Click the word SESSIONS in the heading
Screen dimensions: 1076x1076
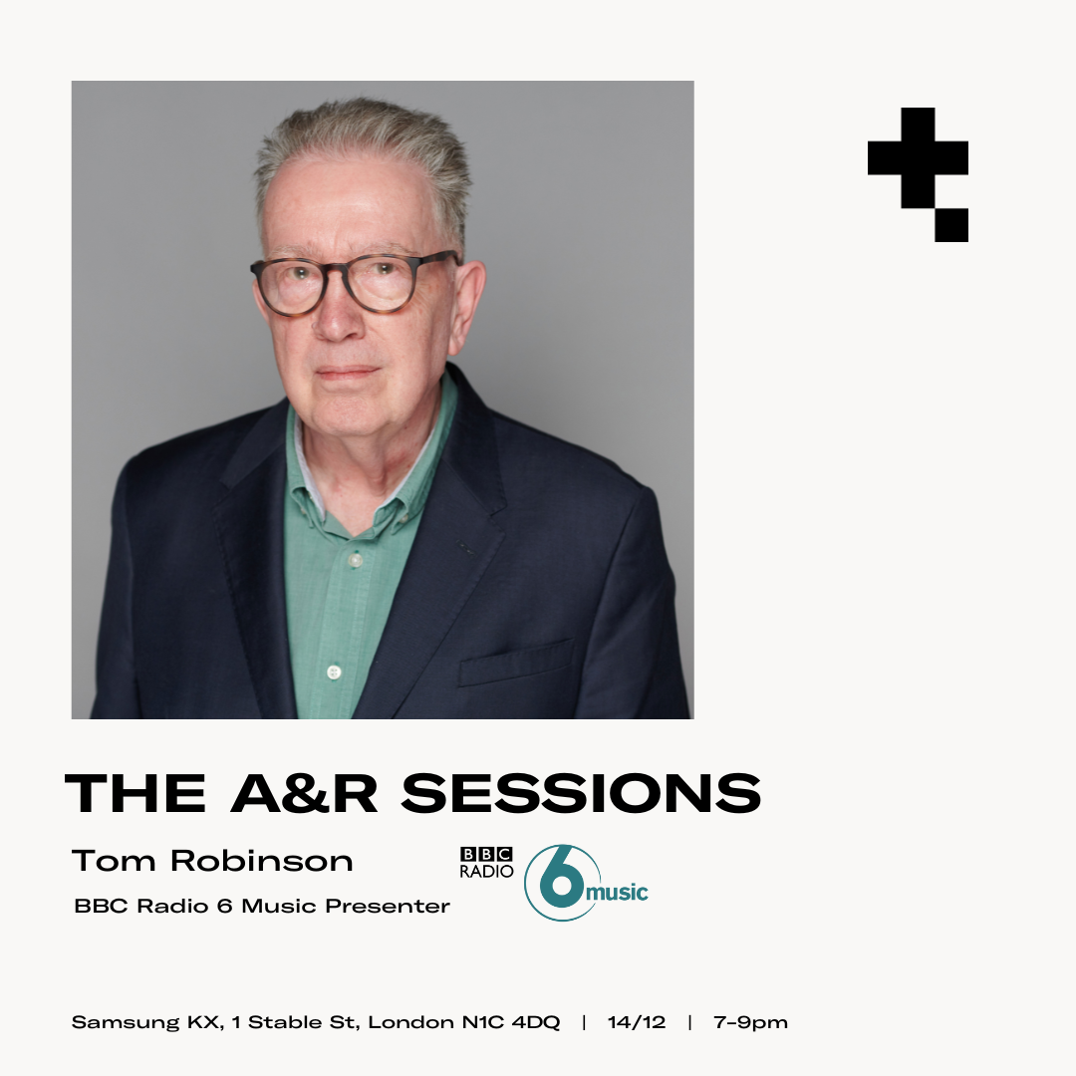click(581, 793)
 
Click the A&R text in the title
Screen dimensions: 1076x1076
click(304, 793)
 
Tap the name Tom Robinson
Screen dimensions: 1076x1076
click(212, 861)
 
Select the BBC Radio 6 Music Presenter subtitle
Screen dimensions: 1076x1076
click(262, 907)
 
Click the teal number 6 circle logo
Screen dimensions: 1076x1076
click(560, 883)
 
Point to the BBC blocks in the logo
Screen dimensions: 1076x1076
click(486, 854)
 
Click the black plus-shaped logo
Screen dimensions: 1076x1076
click(918, 158)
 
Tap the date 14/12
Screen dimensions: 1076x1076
click(636, 1022)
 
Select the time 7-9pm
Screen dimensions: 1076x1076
click(750, 1022)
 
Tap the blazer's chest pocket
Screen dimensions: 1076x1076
click(515, 663)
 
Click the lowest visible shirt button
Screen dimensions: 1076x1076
click(335, 672)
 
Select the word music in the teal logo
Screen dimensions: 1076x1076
click(617, 891)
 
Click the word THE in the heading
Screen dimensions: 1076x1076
click(135, 793)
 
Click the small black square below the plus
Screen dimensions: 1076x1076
click(951, 225)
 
